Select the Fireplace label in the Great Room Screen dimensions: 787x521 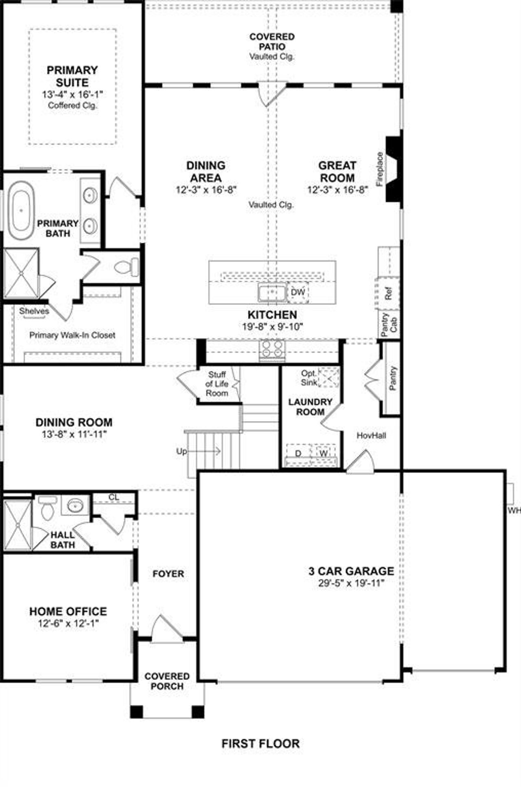380,169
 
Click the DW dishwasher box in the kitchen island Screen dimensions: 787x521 298,292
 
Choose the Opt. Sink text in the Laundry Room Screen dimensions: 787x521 309,378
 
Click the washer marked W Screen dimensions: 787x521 324,453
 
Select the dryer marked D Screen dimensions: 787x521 298,453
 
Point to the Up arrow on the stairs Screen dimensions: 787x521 199,451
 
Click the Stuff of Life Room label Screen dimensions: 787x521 217,384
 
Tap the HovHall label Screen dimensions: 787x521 371,436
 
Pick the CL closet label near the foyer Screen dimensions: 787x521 114,497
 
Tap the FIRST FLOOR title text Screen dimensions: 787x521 260,743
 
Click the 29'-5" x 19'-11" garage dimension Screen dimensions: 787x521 351,583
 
